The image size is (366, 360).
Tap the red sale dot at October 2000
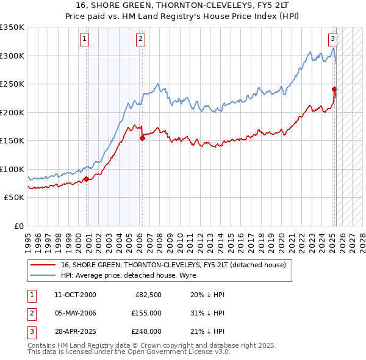(x=86, y=179)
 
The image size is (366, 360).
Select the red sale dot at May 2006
(x=142, y=138)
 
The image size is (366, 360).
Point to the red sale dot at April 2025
(x=335, y=90)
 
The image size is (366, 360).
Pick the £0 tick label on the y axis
(x=18, y=226)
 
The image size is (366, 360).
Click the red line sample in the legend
(x=43, y=265)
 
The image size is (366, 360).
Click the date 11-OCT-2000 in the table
(x=75, y=295)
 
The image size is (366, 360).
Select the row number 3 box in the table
(x=30, y=331)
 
